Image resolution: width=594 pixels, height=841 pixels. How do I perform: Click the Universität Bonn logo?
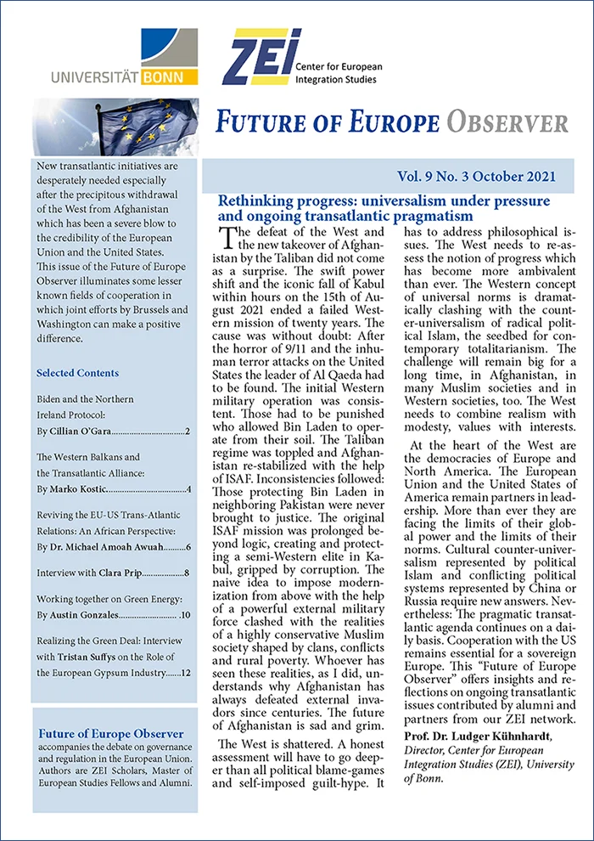[x=124, y=57]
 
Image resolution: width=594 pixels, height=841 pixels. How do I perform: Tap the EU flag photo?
[x=116, y=127]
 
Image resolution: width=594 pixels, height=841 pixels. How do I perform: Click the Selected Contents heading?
[x=77, y=373]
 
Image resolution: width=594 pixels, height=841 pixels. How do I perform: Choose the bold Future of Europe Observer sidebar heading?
[x=111, y=733]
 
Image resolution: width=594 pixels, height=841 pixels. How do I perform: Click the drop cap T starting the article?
[x=227, y=240]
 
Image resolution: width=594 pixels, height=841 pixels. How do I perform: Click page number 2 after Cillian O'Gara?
[x=187, y=432]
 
